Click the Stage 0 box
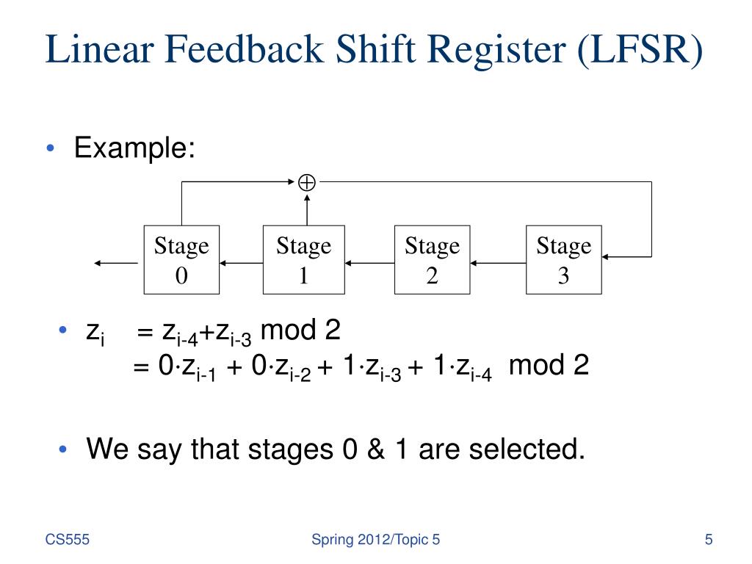[x=181, y=260]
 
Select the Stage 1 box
[x=303, y=260]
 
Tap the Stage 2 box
[x=432, y=260]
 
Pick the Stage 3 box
[x=563, y=260]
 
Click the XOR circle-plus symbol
[x=307, y=182]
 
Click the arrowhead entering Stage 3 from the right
[x=610, y=256]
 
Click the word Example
[x=134, y=149]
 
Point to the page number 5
[x=709, y=540]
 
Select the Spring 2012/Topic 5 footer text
[x=376, y=540]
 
